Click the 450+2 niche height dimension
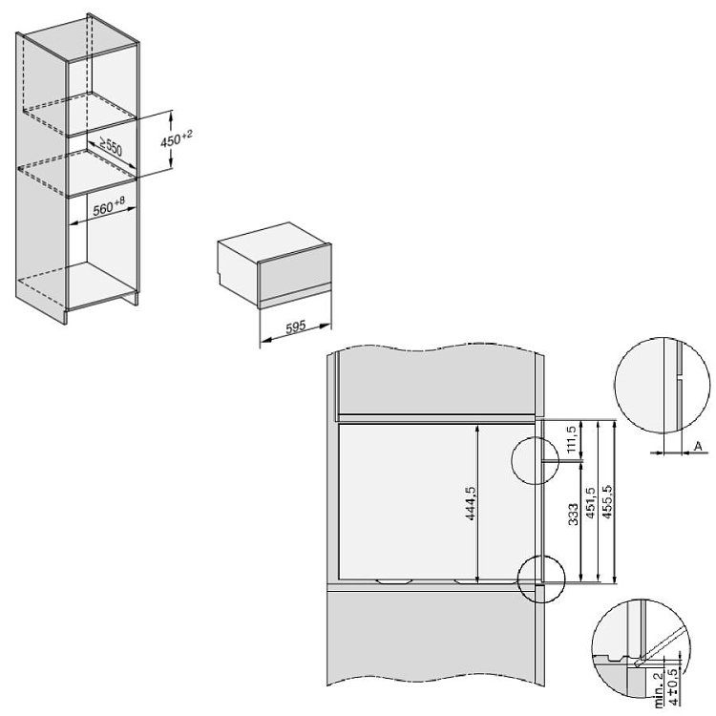coord(177,138)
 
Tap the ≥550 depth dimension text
coord(111,147)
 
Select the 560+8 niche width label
coord(109,207)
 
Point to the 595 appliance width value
coord(296,327)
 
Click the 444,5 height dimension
coord(471,503)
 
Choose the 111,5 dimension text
coord(571,439)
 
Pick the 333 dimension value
coord(574,514)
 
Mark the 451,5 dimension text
coord(590,503)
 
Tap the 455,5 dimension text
coord(607,501)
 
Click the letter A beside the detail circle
coord(698,446)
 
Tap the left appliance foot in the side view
coord(393,580)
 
